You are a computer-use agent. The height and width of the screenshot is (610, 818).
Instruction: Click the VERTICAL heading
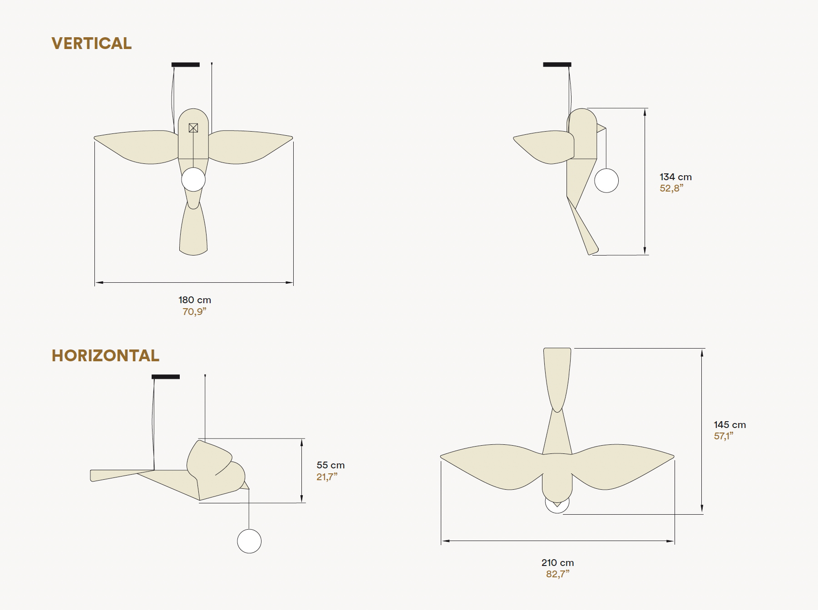[92, 43]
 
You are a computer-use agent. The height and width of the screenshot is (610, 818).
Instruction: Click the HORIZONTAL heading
[105, 355]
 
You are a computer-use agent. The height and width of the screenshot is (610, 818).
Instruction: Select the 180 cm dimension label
[195, 300]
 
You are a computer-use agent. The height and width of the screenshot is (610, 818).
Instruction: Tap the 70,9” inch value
[194, 311]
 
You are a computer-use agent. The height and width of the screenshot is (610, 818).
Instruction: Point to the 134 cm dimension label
[675, 177]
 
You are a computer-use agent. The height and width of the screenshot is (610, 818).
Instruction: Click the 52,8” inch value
[671, 188]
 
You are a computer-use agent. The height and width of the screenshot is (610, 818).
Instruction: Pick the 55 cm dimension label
[330, 465]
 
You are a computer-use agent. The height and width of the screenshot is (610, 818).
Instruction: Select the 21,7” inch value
[327, 477]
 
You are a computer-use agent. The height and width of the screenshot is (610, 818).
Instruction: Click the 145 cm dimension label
[729, 425]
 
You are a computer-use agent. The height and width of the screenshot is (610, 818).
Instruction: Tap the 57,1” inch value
[724, 436]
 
